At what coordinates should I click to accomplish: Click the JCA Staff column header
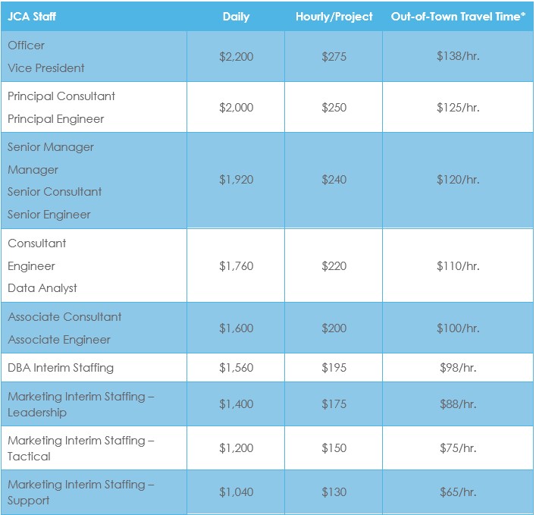coord(32,17)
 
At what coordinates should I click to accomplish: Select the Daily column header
coord(236,17)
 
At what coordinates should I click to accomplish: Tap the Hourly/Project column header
coord(334,17)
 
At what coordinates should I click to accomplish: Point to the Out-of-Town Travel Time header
coord(458,17)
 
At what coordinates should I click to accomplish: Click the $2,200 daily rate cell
coord(236,57)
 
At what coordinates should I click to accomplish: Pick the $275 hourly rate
coord(334,57)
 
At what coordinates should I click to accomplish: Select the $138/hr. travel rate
coord(458,57)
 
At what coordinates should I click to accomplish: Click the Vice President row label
coord(46,68)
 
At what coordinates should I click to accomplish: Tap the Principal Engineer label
coord(56,119)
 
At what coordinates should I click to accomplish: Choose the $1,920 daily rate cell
coord(236,181)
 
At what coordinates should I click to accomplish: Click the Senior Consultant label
coord(55,192)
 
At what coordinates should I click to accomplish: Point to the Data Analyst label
coord(42,288)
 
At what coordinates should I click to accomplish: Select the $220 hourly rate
coord(334,266)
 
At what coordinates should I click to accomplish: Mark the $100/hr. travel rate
coord(458,328)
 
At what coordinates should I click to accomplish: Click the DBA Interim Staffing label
coord(61,368)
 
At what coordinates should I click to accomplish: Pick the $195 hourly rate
coord(334,368)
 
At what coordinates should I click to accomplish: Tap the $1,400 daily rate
coord(236,404)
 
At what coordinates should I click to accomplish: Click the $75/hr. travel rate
coord(458,448)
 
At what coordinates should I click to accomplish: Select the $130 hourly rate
coord(334,492)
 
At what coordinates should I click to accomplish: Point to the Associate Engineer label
coord(59,340)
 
